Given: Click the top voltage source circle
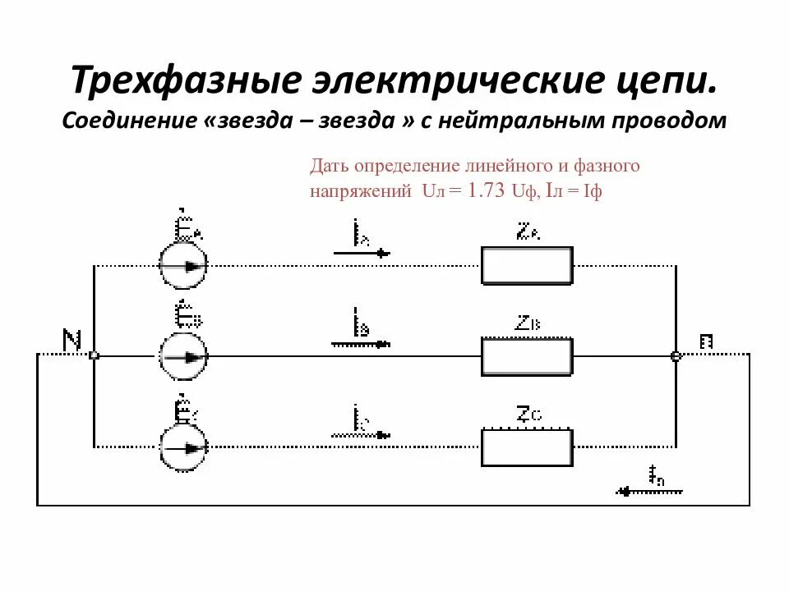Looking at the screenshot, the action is pos(182,266).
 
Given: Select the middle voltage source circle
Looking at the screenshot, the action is pos(182,356).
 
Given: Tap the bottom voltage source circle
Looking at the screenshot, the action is pos(182,447).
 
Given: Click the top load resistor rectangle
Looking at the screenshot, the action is pos(526,266).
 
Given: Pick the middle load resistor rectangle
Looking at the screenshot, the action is pos(526,356).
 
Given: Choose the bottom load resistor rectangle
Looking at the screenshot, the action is pos(526,447).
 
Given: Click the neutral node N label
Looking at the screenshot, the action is pos(72,339).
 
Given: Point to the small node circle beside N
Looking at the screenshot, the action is pos(94,355).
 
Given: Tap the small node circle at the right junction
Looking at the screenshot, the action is pos(676,356).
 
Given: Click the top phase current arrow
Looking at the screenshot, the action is pos(362,254).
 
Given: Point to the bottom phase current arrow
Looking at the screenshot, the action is pos(362,433).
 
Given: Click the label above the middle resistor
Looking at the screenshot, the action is pos(529,323).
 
